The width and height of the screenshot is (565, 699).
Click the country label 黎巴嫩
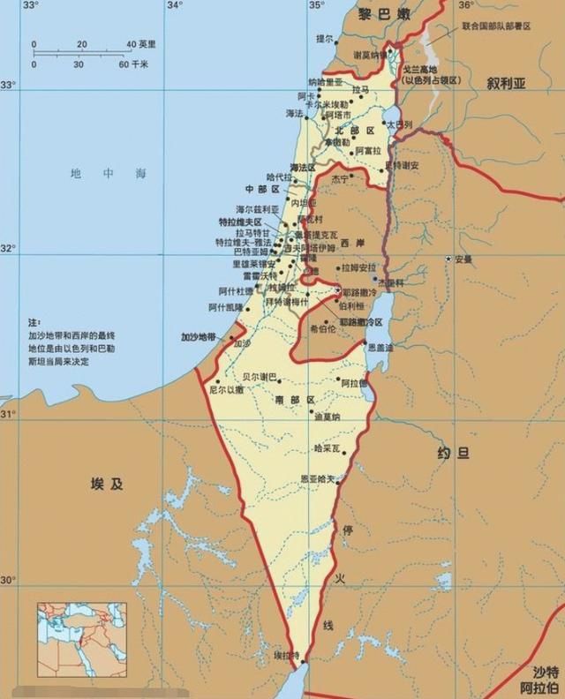coord(384,14)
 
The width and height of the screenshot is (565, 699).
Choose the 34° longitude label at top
coord(174,5)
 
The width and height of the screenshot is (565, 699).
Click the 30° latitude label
coord(8,580)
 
